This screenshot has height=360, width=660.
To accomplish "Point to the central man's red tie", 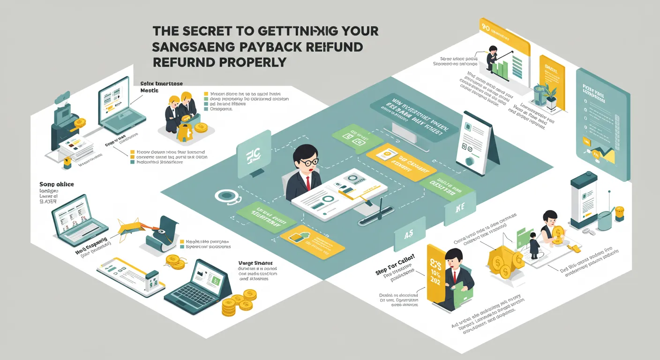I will pos(308,181).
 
